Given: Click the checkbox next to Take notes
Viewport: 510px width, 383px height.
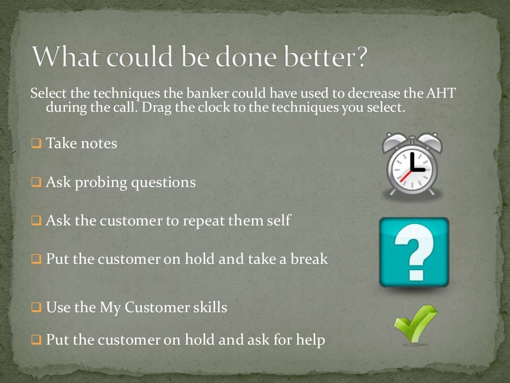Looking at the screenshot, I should tap(36, 144).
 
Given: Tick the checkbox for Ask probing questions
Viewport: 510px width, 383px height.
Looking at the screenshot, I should tap(36, 183).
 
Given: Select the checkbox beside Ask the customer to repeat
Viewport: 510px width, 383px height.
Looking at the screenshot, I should tap(36, 220).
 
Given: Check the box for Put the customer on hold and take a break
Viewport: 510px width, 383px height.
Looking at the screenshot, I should tap(36, 259).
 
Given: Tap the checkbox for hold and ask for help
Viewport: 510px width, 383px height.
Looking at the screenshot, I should tap(36, 341).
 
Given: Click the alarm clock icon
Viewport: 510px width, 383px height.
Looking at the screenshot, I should tap(412, 165).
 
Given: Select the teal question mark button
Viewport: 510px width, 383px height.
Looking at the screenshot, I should tap(414, 252).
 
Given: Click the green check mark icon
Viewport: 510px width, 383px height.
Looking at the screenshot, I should tap(414, 324).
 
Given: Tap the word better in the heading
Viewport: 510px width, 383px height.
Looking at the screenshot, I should tap(324, 58).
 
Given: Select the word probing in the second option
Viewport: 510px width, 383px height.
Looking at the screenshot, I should tap(103, 183).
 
